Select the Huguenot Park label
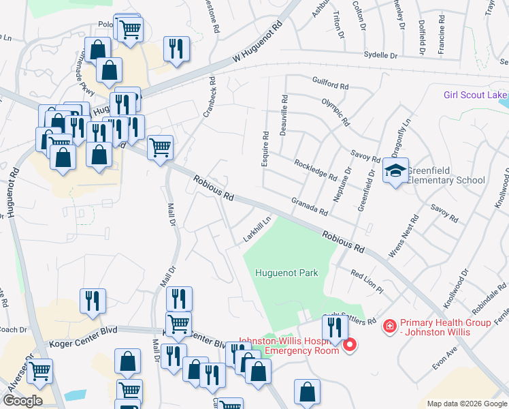(286, 273)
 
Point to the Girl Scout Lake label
(476, 95)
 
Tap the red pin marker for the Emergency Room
(350, 345)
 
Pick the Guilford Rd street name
(330, 87)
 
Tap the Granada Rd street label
(310, 205)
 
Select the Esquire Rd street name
(265, 149)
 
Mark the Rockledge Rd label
(315, 170)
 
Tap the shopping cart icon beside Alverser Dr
(39, 372)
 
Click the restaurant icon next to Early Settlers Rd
(335, 328)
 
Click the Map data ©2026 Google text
(466, 404)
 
